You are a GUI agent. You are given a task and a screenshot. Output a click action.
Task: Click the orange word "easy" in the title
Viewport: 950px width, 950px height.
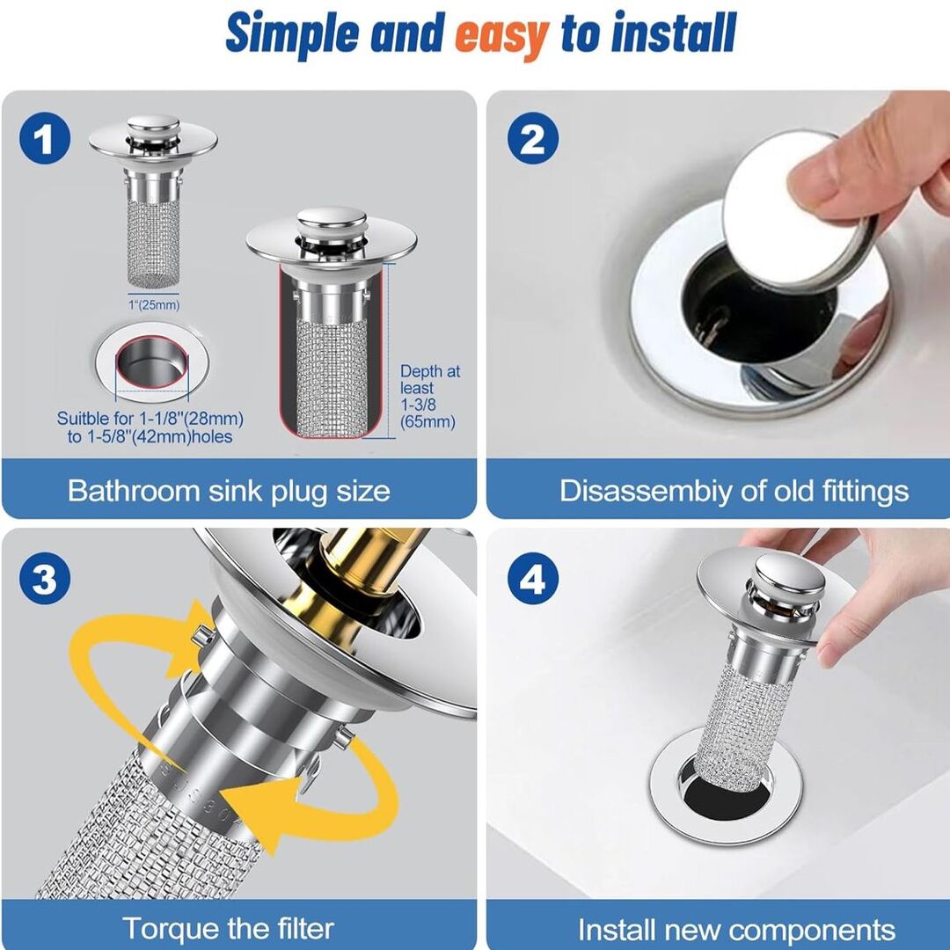coord(501,36)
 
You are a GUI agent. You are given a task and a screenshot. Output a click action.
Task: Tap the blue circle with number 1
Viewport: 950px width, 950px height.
coord(44,138)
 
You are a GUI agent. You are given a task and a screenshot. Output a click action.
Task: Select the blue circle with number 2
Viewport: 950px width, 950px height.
coord(532,138)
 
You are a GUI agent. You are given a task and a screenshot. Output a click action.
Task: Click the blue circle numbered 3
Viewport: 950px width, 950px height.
coord(44,579)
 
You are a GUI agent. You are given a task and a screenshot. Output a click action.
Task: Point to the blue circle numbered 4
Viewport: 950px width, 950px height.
coord(532,579)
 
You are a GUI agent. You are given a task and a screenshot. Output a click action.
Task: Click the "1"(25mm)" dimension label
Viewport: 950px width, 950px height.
coord(154,304)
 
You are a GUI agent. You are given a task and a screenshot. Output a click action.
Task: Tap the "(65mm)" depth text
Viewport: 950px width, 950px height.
coord(427,421)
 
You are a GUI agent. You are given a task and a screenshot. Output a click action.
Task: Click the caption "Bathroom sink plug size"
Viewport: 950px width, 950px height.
coord(229,491)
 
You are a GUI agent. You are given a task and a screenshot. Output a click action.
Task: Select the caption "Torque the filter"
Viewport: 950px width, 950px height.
coord(229,928)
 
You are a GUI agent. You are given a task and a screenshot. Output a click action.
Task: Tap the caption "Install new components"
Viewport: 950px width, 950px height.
coord(737,930)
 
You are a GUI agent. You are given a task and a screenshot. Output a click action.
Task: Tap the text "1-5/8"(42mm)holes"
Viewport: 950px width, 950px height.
coord(158,437)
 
